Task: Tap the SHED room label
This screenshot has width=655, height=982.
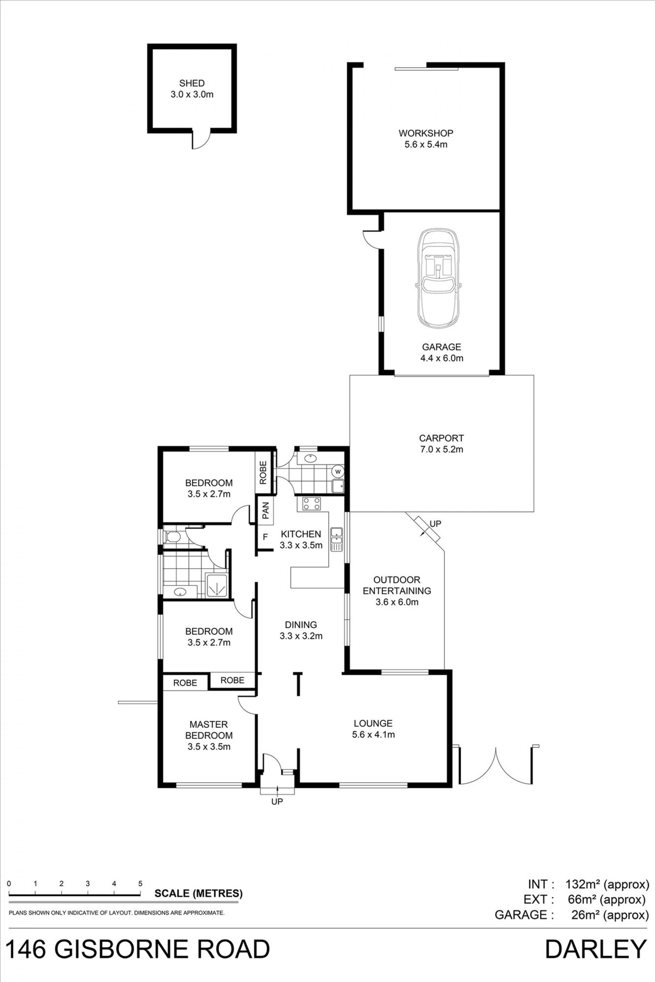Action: (192, 84)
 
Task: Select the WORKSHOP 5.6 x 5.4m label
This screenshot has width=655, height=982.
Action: (426, 139)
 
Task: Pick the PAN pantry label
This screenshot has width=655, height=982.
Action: (266, 510)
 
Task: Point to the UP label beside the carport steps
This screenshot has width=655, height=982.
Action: (436, 523)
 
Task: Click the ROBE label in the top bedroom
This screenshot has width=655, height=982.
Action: (263, 472)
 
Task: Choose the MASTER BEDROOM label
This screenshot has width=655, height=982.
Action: (209, 729)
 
